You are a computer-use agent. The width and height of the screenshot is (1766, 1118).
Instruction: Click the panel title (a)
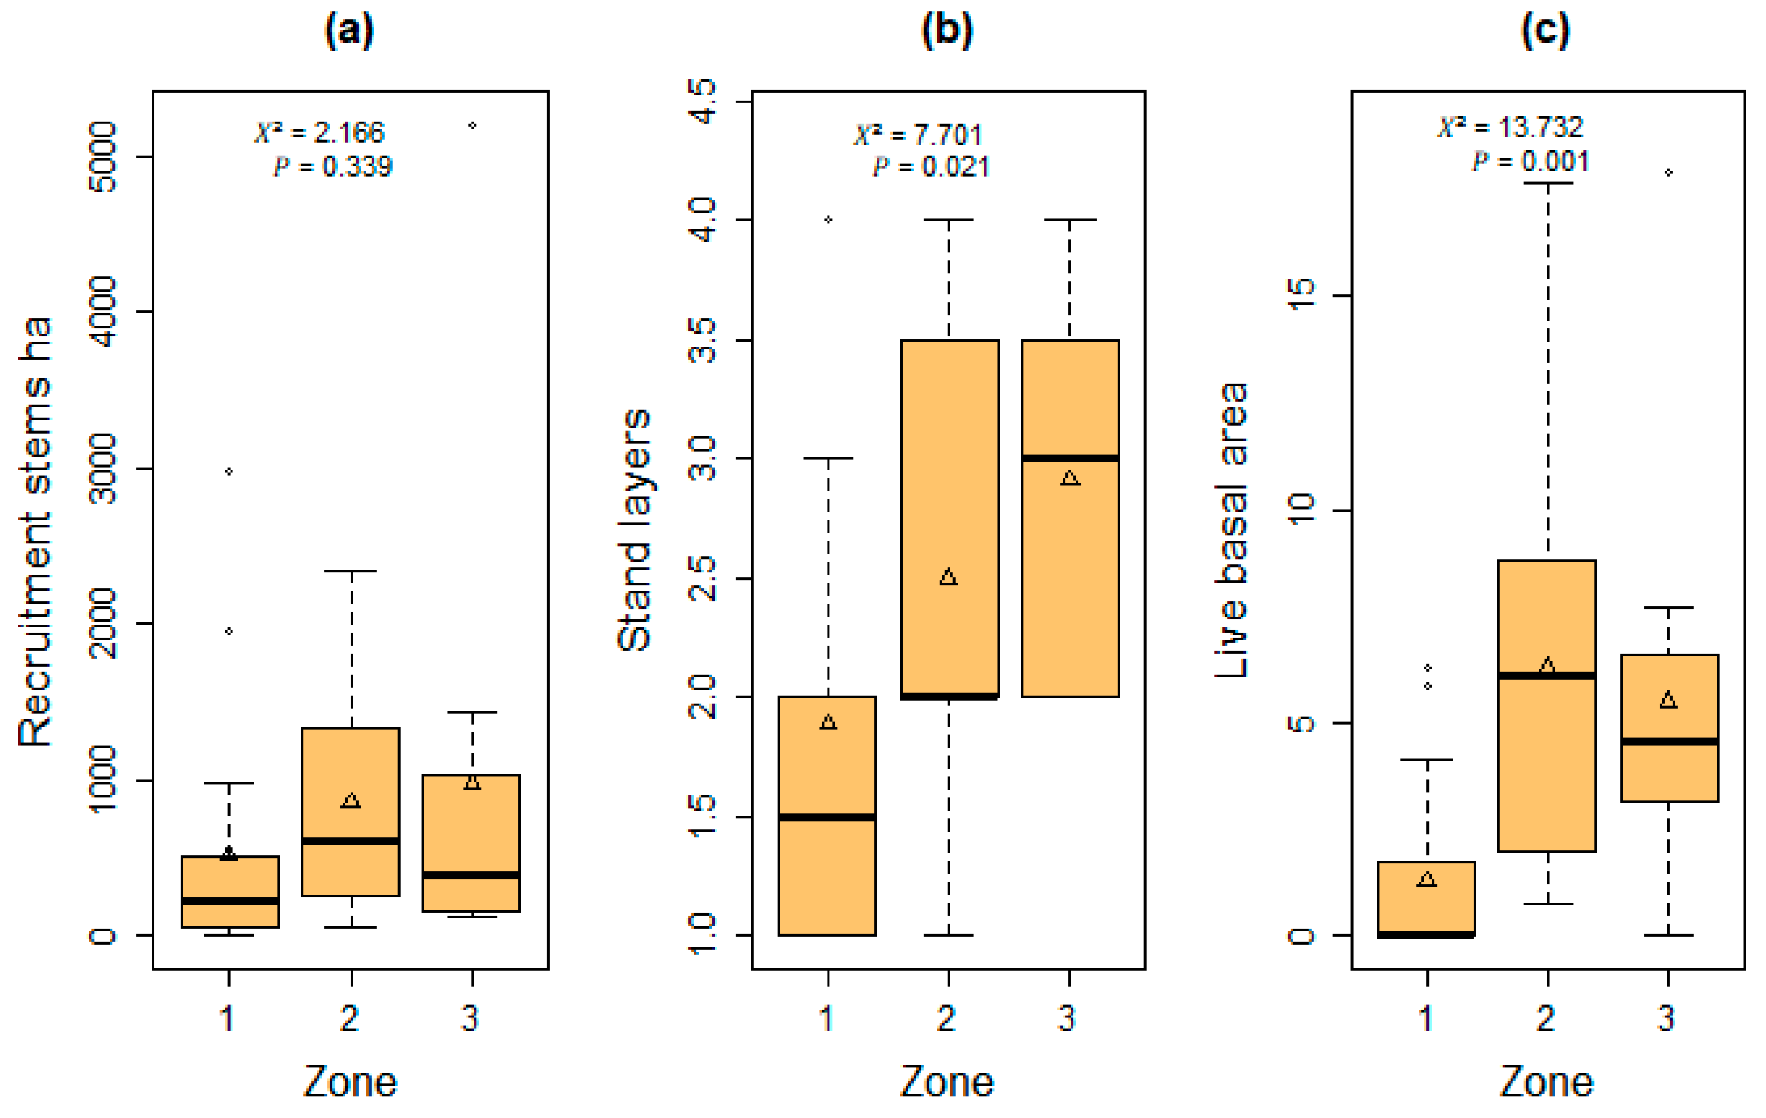coord(349,32)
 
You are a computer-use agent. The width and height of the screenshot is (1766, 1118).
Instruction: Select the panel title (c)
coord(1545,32)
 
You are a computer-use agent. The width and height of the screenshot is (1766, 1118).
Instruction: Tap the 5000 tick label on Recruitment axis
coord(102,156)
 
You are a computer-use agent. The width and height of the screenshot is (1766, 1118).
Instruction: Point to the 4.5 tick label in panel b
coord(702,101)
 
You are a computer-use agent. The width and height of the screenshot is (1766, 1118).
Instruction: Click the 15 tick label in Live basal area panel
coord(1302,295)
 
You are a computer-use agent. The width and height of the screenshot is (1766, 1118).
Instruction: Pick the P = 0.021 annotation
coord(931,168)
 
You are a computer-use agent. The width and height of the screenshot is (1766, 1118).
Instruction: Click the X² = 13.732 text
coord(1511,127)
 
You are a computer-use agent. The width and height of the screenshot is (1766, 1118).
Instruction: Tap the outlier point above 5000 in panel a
coord(472,125)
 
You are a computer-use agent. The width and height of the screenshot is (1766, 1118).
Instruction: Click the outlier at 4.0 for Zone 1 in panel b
coord(828,219)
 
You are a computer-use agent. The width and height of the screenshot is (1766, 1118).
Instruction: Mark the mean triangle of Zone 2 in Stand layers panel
coord(948,577)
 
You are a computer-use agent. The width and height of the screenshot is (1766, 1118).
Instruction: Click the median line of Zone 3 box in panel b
coord(1070,458)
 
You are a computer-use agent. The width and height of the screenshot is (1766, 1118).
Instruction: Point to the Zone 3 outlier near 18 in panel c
coord(1668,172)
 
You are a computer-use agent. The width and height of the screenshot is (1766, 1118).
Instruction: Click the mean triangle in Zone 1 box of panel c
coord(1426,879)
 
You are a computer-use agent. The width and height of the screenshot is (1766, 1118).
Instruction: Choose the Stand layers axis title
coord(634,529)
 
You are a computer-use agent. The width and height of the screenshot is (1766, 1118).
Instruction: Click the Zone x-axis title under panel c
coord(1546,1082)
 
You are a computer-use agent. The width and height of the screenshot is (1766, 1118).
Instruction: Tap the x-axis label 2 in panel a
coord(350,1018)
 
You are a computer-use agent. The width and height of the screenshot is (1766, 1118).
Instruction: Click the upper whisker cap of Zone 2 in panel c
coord(1547,183)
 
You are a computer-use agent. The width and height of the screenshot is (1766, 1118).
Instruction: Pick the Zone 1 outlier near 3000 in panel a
coord(229,471)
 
